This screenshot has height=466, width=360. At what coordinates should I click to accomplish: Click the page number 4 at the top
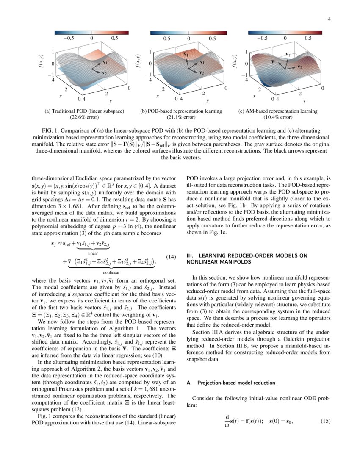(x=329, y=19)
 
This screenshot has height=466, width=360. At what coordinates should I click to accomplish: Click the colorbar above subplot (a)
(x=91, y=32)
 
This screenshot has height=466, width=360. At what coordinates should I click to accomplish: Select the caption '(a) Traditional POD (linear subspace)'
(x=84, y=111)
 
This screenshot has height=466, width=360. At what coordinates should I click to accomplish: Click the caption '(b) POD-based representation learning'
(x=181, y=111)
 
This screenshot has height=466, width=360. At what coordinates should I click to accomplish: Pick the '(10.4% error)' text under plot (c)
(x=278, y=117)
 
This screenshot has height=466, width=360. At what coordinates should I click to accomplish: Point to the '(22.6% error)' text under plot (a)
(x=84, y=117)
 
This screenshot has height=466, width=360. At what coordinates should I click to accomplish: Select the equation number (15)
(x=324, y=421)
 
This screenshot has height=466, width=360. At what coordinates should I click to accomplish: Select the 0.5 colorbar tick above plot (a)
(x=114, y=38)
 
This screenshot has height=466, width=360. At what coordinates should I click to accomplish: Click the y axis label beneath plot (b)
(x=208, y=101)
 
